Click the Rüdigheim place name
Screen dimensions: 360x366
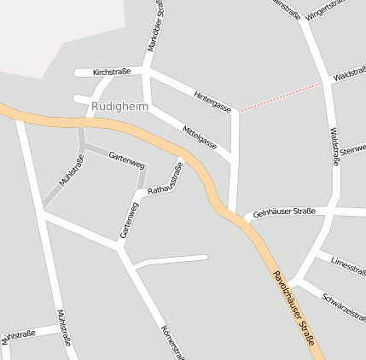tap(119, 106)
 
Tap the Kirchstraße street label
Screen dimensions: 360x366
tap(112, 73)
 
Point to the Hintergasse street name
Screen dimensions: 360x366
tap(212, 101)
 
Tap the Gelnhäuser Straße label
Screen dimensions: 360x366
tap(284, 212)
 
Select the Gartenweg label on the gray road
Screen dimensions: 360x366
tap(127, 160)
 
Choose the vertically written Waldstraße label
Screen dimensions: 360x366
tap(334, 146)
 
